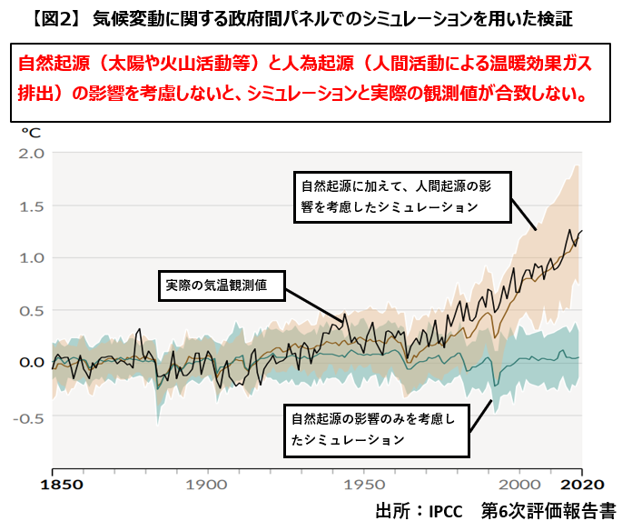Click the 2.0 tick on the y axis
tap(31, 153)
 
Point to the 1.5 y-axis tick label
tap(31, 205)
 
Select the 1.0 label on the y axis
tap(31, 257)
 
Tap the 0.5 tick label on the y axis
tap(31, 310)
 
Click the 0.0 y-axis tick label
tap(31, 362)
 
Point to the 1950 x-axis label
tap(366, 485)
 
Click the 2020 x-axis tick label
tap(580, 485)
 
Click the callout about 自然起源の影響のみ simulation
tap(378, 429)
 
